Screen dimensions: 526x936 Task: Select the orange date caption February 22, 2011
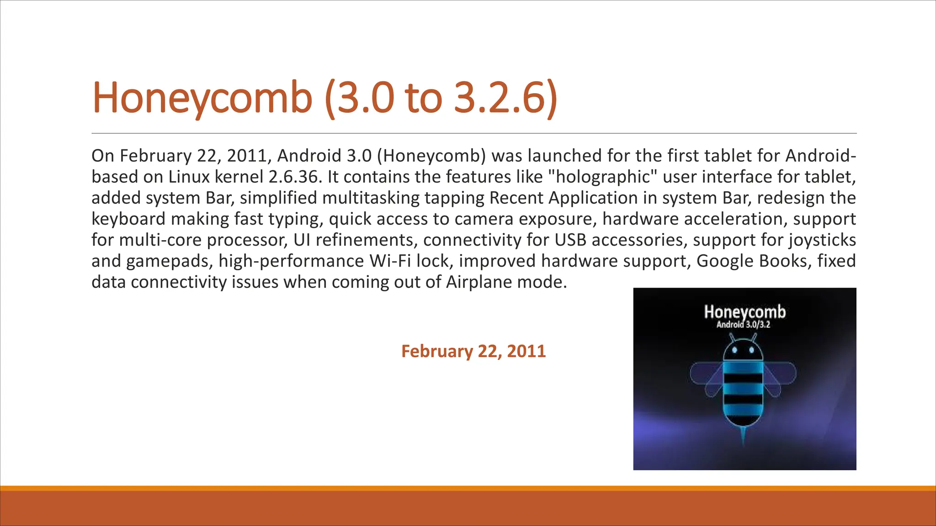click(x=473, y=351)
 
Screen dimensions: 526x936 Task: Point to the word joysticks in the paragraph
click(x=822, y=240)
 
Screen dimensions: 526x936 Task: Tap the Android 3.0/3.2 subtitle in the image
click(x=743, y=325)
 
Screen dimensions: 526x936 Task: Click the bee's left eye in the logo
click(x=735, y=351)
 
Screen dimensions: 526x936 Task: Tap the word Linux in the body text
click(x=189, y=177)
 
